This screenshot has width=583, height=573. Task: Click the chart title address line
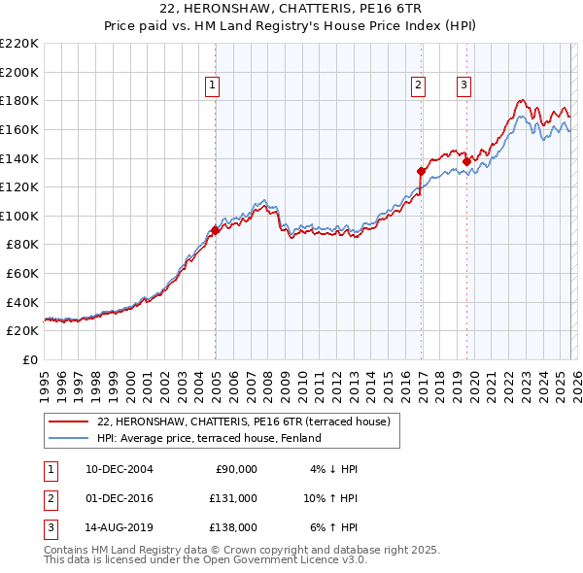[291, 9]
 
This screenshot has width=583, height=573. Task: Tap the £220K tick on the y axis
[19, 44]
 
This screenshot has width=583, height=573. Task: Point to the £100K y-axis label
[19, 216]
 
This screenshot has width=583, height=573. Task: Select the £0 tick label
[29, 359]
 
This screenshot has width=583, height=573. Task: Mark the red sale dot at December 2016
[421, 171]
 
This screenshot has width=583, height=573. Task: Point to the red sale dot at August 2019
[466, 161]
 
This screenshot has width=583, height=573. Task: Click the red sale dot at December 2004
[215, 230]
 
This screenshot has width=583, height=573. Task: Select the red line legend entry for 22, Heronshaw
[243, 421]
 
